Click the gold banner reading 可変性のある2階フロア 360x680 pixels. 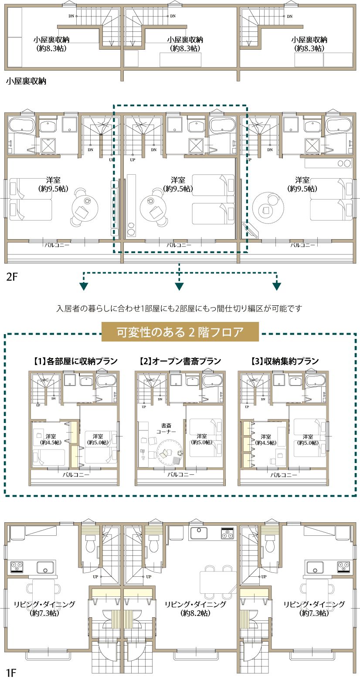(x=180, y=332)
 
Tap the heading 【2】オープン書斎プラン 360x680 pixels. (x=180, y=361)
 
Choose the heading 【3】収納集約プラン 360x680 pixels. (x=285, y=361)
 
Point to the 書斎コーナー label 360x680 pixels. (x=166, y=428)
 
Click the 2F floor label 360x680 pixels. (x=12, y=277)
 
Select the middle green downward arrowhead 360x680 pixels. (x=179, y=286)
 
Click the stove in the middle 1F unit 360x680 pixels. (x=228, y=533)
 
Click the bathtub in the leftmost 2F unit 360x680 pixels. (x=21, y=126)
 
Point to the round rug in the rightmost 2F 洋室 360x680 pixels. (x=265, y=210)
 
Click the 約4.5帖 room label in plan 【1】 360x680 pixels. (x=50, y=439)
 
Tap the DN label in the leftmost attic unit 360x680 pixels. (x=71, y=17)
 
